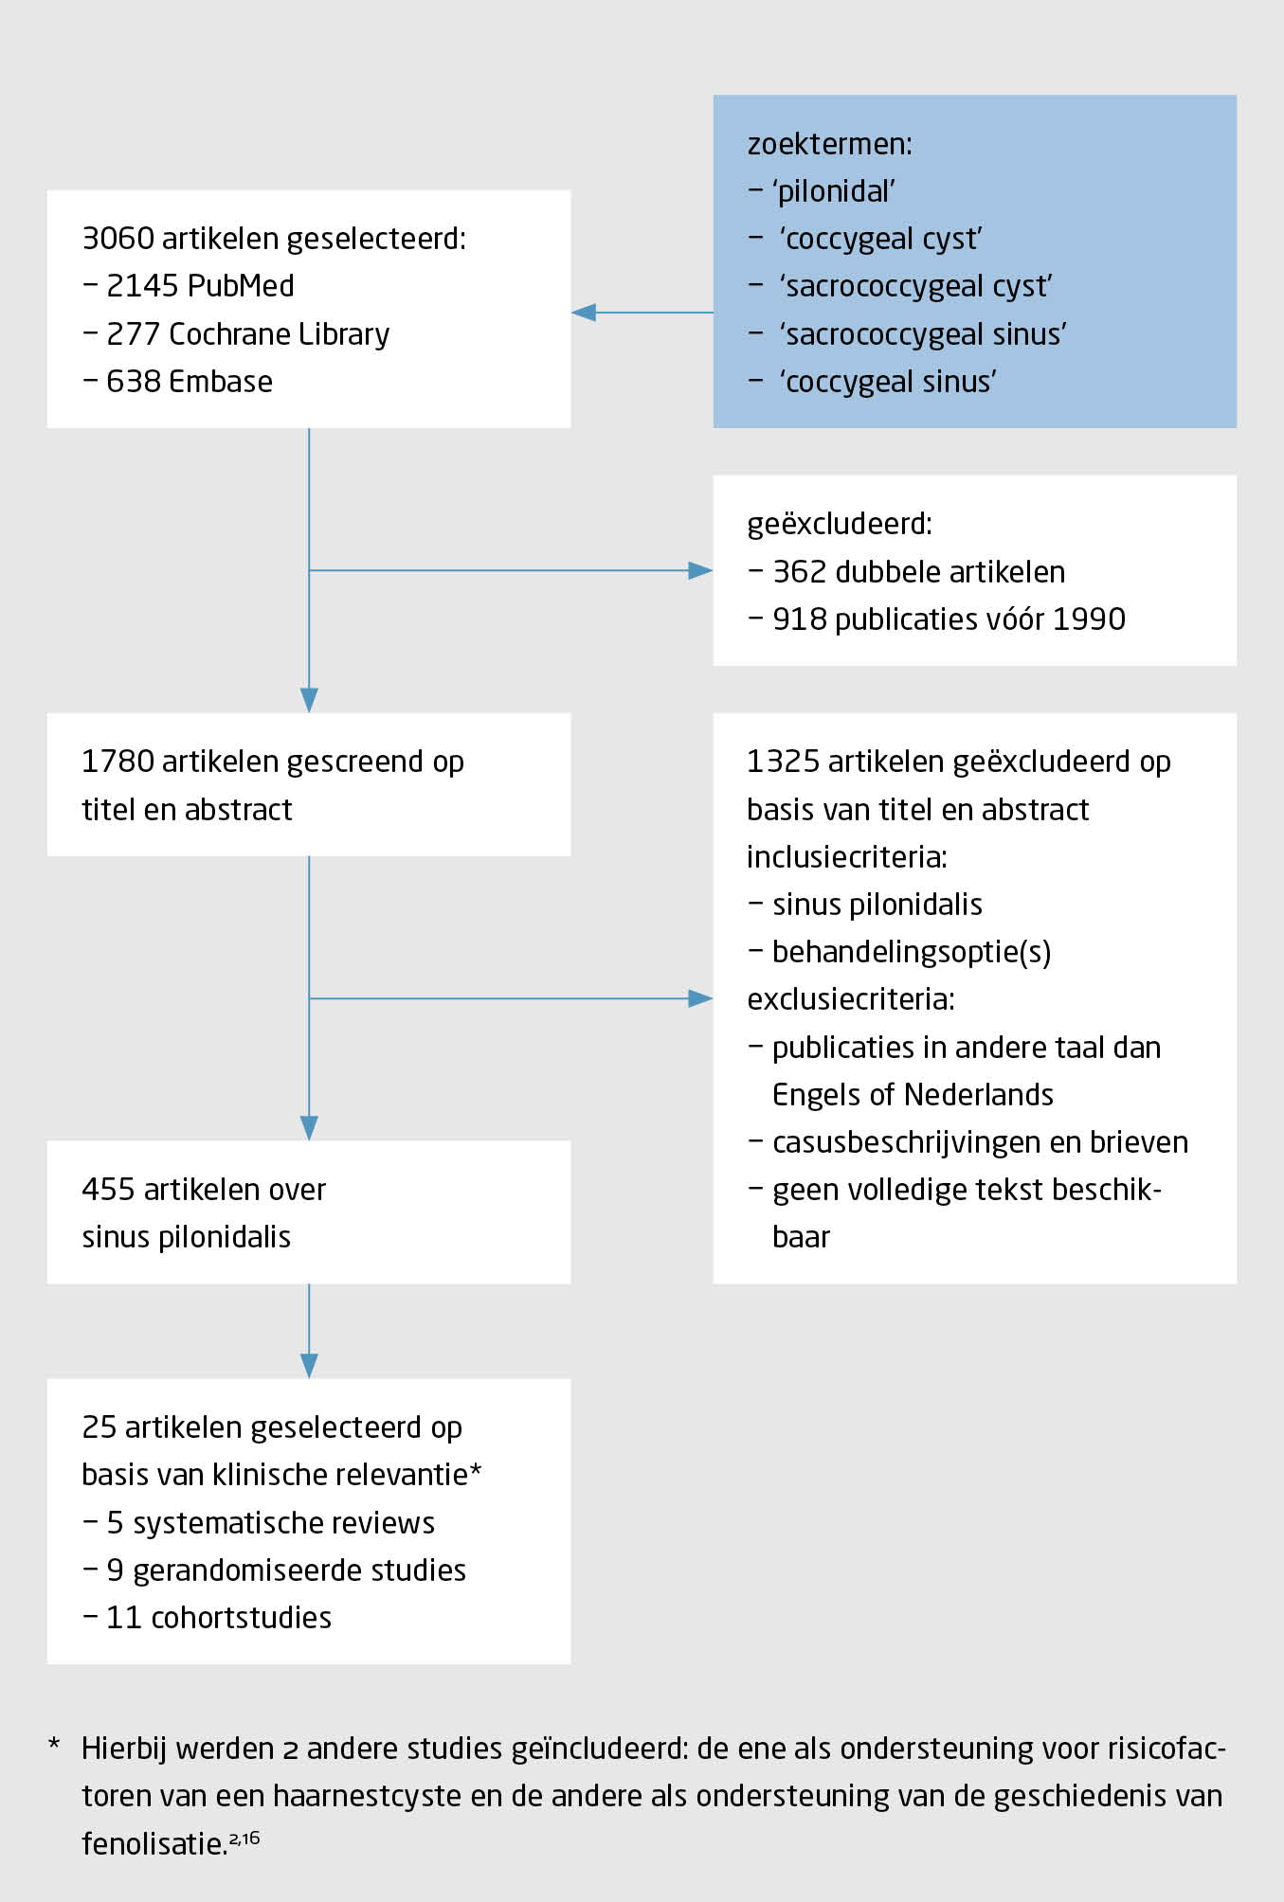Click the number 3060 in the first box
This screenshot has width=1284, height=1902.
click(x=118, y=238)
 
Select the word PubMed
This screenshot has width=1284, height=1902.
click(x=242, y=285)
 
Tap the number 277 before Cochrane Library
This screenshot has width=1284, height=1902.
click(x=132, y=333)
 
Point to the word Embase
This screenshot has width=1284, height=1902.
click(x=220, y=381)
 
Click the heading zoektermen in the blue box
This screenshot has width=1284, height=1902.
click(x=829, y=144)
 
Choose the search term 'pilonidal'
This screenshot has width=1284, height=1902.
click(x=835, y=191)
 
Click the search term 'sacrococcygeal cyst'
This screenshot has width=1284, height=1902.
click(x=915, y=286)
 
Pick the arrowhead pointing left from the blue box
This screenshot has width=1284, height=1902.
click(x=584, y=312)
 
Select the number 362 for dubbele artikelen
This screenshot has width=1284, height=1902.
click(x=799, y=571)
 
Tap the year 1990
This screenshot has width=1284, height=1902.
click(x=1089, y=619)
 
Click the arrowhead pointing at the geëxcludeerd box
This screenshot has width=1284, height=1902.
click(x=700, y=570)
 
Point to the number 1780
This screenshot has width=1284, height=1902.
click(x=118, y=761)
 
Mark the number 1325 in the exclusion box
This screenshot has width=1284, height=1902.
click(x=783, y=761)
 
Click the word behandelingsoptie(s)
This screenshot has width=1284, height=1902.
click(x=912, y=951)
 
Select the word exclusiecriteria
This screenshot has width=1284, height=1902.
click(x=850, y=998)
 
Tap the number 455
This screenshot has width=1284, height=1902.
click(x=108, y=1189)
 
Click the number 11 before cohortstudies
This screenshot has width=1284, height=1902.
click(x=123, y=1617)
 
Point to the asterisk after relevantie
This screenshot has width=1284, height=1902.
click(x=476, y=1471)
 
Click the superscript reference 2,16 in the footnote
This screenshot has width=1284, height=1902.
click(x=244, y=1839)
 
